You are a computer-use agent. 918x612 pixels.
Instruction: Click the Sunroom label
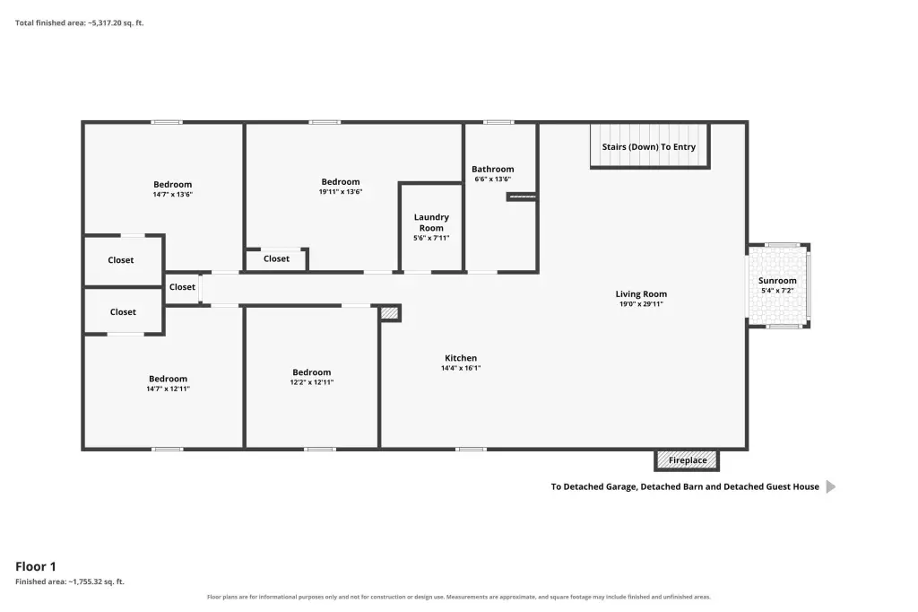tap(777, 281)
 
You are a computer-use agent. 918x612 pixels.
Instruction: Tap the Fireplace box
tap(687, 460)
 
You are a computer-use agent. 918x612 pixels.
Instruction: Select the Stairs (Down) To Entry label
tap(649, 147)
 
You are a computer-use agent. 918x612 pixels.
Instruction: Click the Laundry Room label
tap(431, 223)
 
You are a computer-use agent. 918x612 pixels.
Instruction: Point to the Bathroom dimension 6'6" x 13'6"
tap(492, 179)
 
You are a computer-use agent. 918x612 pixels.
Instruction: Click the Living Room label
tap(641, 294)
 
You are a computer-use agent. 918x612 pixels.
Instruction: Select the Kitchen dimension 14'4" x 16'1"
tap(461, 368)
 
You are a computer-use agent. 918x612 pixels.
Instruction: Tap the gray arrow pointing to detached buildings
tap(831, 486)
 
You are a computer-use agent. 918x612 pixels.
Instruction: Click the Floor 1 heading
tap(36, 566)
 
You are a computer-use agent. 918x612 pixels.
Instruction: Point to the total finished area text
tap(79, 22)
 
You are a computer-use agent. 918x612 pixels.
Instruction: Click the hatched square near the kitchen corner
tap(390, 313)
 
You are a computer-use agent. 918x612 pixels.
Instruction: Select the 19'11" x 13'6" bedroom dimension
tap(340, 192)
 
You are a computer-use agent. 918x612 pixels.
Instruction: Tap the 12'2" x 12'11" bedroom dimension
tap(311, 382)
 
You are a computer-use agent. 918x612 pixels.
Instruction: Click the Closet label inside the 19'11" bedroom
tap(276, 258)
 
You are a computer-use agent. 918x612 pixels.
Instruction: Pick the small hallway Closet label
tap(182, 287)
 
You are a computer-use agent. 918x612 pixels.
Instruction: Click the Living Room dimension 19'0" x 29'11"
tap(641, 304)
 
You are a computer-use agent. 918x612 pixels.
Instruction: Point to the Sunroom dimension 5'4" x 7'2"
tap(777, 291)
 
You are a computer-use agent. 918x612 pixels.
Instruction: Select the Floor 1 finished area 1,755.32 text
tap(70, 581)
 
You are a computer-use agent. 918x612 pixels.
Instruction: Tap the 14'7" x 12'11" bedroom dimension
tap(168, 389)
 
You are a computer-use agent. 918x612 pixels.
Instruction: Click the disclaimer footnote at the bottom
tap(458, 597)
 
